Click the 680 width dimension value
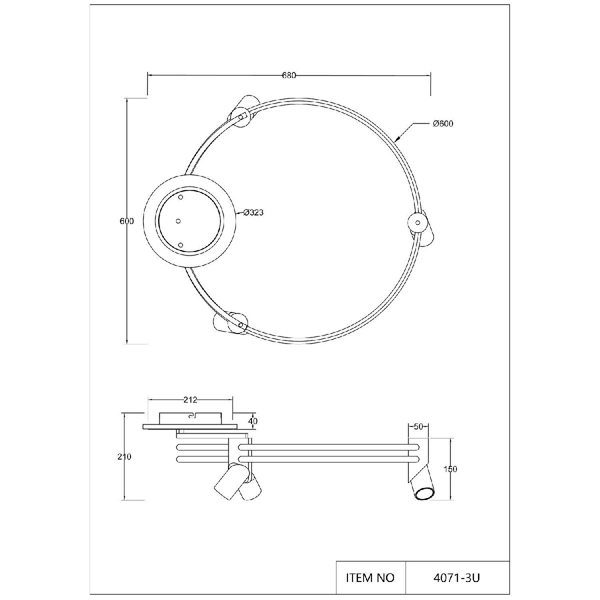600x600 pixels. coord(289,75)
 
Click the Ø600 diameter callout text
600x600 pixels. coord(443,123)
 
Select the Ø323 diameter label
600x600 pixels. coord(253,212)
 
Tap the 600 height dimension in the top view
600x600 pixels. coord(126,221)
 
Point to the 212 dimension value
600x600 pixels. coord(190,400)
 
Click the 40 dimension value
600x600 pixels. coord(253,421)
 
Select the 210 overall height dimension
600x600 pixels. coord(124,457)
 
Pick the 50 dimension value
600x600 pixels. coord(418,427)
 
